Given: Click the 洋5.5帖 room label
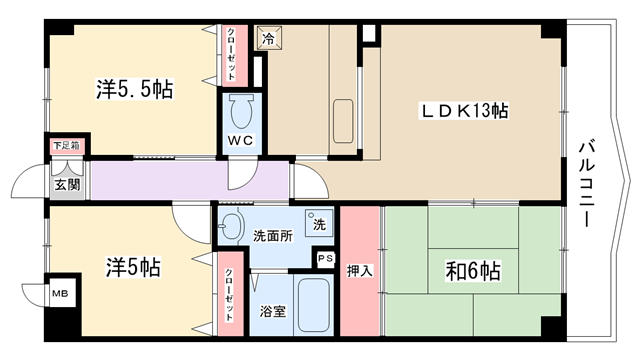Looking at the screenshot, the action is [x=135, y=89].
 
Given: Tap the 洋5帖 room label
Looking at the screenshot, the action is [x=133, y=267].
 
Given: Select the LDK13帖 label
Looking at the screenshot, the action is [x=464, y=111].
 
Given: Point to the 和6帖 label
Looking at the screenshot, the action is [x=473, y=271].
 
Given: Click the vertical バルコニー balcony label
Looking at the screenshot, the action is [x=587, y=184].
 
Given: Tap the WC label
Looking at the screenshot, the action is [x=240, y=141].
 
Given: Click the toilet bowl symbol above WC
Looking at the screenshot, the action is [x=241, y=111].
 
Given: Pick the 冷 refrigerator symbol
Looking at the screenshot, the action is [x=268, y=38].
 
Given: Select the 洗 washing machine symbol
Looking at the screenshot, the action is [x=318, y=223].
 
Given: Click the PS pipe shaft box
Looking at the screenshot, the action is [x=325, y=258].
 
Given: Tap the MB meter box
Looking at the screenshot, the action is [x=61, y=293].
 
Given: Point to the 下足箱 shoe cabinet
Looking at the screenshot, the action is [x=67, y=146].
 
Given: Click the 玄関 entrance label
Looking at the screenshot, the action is [x=67, y=185].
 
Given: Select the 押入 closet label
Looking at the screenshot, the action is [x=360, y=271].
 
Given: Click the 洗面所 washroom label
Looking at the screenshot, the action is [x=273, y=236].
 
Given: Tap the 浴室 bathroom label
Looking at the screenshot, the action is [x=273, y=311].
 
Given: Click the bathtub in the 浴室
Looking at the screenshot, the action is [x=313, y=305].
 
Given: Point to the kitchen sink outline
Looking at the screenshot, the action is [x=343, y=121].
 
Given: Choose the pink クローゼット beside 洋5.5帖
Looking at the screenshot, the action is [x=235, y=56].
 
